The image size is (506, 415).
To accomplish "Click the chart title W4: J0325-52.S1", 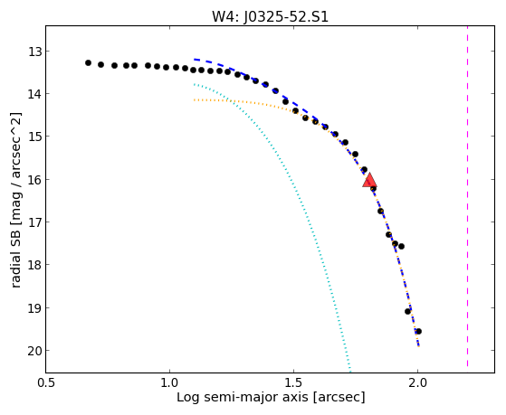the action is coord(270,16).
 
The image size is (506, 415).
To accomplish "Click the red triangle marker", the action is coord(369,181).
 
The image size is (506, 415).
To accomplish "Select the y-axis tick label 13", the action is coord(35,52).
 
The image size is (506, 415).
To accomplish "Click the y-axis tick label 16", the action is coord(35,179).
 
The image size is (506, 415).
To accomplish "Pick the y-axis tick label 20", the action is coord(35,351).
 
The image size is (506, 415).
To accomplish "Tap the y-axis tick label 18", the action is coord(35,265).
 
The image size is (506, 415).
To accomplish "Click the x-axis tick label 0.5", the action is coord(46,382).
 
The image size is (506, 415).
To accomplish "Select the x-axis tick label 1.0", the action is coord(169,382).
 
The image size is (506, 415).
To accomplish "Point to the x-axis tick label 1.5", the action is coord(293,382).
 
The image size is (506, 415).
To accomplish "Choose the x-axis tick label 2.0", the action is coord(417,382).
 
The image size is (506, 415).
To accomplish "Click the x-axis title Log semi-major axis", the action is coord(242,397).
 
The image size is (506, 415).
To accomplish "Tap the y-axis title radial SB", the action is coord(15,255).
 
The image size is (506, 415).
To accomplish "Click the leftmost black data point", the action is coord(88,63).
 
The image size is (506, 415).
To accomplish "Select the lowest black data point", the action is coord(418,331).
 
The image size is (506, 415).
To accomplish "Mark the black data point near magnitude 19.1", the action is coord(407,312).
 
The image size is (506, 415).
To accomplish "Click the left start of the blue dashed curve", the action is coord(195,60).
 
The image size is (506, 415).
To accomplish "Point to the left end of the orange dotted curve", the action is coord(194,100).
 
